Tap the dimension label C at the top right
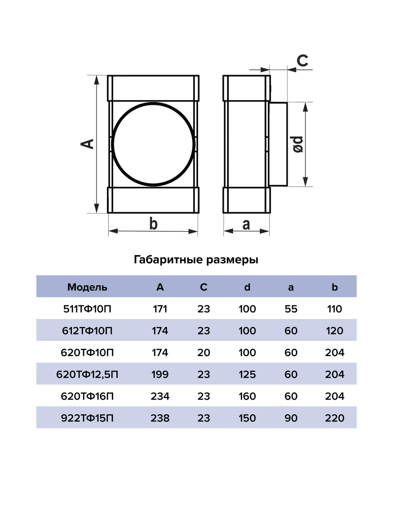302,61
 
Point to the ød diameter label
298,144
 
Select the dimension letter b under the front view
153,224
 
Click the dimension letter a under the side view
246,224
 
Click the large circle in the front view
153,144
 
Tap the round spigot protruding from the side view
278,144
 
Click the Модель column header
87,287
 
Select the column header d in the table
247,287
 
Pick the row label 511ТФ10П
87,309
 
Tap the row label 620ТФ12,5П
87,374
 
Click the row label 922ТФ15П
87,418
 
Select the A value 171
160,309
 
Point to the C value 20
204,353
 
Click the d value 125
247,374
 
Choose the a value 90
291,418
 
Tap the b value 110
334,309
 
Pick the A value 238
160,418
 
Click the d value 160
247,396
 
